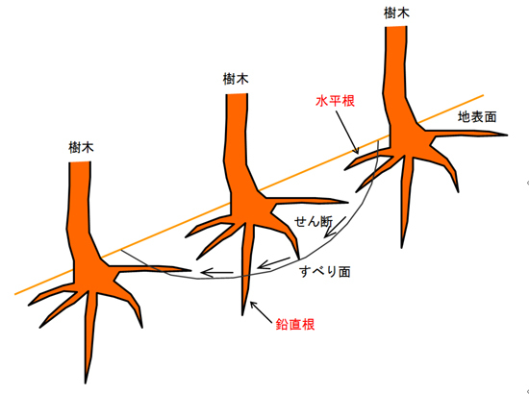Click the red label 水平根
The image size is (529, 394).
coord(335,101)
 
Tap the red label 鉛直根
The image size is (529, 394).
coord(295,324)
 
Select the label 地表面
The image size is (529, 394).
coord(477,117)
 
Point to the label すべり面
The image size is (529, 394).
coord(325,272)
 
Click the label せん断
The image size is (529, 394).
coord(314,221)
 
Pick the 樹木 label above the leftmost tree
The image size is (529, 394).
coord(81,148)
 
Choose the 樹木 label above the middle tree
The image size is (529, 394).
coord(236,79)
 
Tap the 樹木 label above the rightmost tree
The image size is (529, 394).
coord(396,13)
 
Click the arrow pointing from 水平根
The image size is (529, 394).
coord(347,132)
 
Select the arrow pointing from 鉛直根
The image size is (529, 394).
coord(261,312)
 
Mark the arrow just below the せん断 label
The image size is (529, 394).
coord(335,227)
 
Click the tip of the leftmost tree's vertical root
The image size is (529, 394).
coord(86,383)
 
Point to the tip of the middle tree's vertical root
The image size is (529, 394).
coord(242,315)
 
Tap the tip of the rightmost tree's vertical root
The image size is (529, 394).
coord(401,248)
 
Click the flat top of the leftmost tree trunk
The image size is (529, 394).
coord(80,162)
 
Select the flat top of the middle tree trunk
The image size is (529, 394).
coord(237,94)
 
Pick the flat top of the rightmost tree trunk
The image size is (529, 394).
coord(396,27)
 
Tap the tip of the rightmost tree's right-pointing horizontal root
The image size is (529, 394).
coord(507,135)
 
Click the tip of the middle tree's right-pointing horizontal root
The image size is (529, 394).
coord(347,203)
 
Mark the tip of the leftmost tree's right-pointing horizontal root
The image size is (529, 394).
coord(190,270)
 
